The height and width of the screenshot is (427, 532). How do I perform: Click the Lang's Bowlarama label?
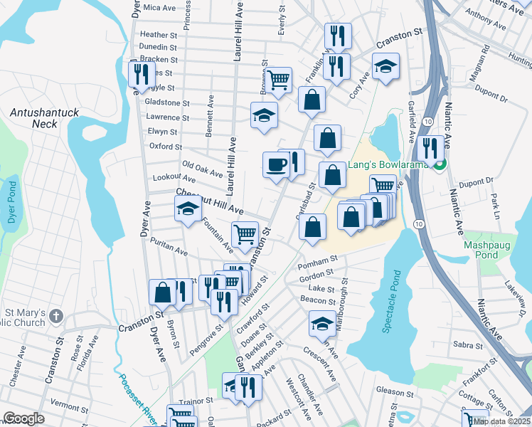385,167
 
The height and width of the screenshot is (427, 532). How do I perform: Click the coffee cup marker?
276,166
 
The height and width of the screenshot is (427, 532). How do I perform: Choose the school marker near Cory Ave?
385,68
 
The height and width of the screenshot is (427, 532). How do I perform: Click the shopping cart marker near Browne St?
278,79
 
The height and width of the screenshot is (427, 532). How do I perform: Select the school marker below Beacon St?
322,324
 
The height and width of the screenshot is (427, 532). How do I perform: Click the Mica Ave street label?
159,8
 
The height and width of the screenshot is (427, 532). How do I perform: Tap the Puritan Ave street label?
169,248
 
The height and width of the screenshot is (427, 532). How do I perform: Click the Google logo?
23,418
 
